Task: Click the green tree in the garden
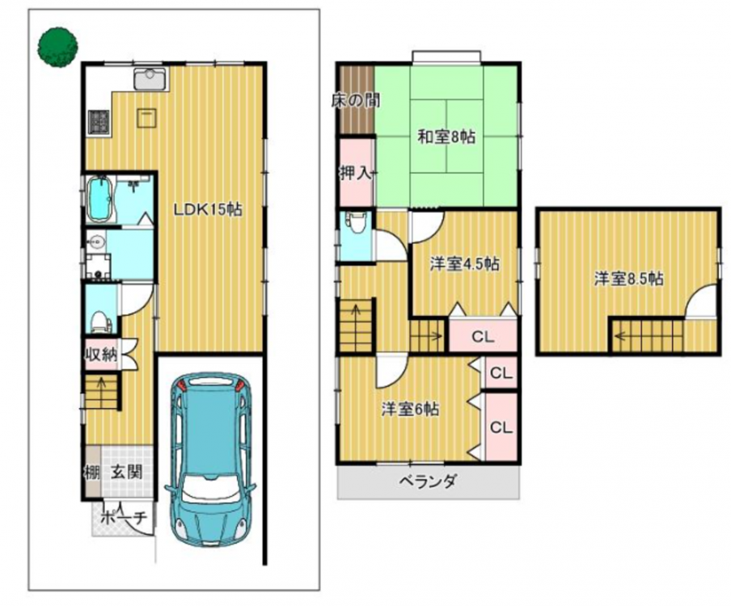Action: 57,47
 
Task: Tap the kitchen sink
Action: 150,78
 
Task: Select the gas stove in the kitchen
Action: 99,123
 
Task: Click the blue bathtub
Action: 100,199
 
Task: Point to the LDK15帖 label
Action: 208,209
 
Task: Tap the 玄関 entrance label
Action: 126,473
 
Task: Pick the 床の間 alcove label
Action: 356,101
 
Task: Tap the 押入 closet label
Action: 356,173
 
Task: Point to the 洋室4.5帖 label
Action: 464,264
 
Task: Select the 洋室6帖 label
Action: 410,410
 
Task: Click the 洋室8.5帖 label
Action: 629,279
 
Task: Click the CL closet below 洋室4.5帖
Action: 483,336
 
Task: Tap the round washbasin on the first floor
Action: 97,242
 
